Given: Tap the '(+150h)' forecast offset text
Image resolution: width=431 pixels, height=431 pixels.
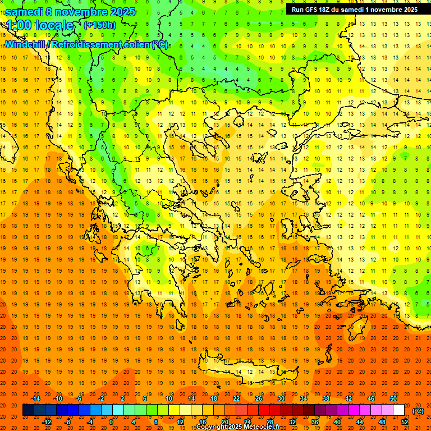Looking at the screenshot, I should (x=99, y=25).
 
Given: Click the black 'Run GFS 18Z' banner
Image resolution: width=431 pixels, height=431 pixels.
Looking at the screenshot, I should (x=354, y=10).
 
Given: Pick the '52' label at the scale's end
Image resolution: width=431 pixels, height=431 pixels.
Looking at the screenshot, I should (x=405, y=422).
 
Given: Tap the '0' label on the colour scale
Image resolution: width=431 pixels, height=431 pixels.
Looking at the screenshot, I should (x=111, y=422).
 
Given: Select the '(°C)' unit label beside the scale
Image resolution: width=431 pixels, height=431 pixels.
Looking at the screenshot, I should (x=418, y=411).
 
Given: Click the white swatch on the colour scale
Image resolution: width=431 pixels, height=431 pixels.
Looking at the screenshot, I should (x=399, y=410).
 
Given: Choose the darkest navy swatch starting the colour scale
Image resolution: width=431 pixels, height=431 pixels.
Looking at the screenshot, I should (x=28, y=410).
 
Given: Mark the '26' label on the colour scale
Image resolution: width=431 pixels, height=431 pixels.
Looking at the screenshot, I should (x=259, y=398).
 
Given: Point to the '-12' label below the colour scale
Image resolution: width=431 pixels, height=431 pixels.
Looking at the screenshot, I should (x=47, y=422).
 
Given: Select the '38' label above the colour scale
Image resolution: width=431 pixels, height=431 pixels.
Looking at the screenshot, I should (x=326, y=398).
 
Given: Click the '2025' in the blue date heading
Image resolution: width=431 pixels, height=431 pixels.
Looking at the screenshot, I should (x=122, y=12).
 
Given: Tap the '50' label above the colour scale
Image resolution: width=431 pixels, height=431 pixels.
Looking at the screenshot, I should (x=393, y=398).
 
